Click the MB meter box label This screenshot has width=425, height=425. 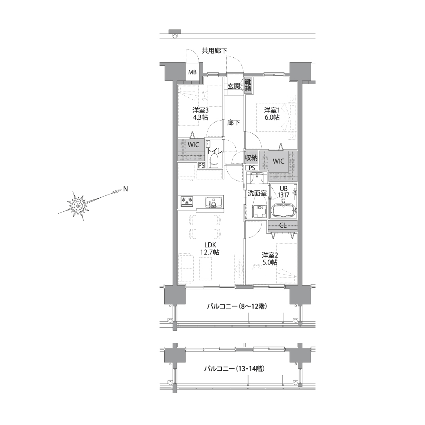tap(192, 72)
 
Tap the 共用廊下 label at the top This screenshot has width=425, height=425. tap(215, 50)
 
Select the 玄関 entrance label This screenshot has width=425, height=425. tap(234, 87)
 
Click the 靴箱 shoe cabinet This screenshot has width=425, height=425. tap(248, 85)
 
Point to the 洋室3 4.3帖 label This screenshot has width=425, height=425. tap(201, 114)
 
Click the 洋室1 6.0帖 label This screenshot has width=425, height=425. tap(272, 114)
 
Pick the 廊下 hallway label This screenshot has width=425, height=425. tap(234, 123)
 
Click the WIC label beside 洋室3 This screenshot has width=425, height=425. tap(194, 145)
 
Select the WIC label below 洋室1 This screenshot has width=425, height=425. tap(278, 161)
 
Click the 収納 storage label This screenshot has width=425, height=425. tap(251, 158)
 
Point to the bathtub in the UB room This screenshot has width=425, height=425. tap(284, 210)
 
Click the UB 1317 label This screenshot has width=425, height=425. tap(284, 192)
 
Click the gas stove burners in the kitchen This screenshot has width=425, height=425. tap(188, 201)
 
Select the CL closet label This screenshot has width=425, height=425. tap(283, 225)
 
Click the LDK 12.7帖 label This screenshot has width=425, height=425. tap(210, 248)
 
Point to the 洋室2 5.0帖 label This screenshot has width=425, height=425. tap(269, 259)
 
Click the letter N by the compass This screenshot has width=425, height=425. tap(125, 189)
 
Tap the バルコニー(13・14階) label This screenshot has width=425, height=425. tap(234, 369)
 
